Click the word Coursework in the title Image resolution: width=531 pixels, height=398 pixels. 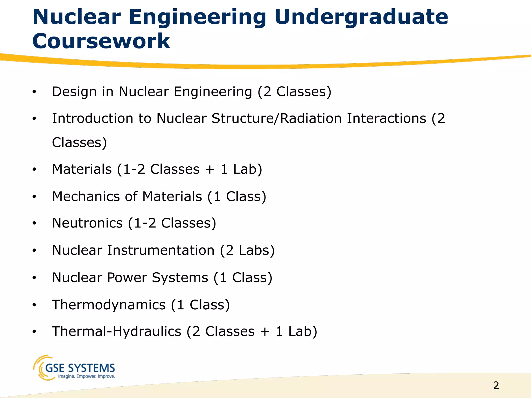click(x=101, y=41)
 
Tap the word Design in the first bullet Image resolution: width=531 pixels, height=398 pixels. click(x=74, y=92)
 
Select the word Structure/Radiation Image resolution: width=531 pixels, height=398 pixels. click(x=276, y=118)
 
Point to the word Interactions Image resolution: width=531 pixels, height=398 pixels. click(x=387, y=118)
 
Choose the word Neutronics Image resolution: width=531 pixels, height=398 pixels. click(x=87, y=223)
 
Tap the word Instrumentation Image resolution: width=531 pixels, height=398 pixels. click(x=161, y=250)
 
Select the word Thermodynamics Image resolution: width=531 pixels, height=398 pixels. click(x=109, y=305)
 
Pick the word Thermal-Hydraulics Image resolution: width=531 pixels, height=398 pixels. click(x=116, y=331)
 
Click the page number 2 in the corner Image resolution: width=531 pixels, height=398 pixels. click(x=496, y=386)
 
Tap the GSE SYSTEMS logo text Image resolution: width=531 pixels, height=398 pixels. click(x=80, y=368)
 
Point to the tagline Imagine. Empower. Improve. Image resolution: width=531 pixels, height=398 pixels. click(x=86, y=376)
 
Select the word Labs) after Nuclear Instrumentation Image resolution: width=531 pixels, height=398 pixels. click(x=256, y=250)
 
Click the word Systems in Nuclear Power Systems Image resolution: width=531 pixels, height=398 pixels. click(x=180, y=278)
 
